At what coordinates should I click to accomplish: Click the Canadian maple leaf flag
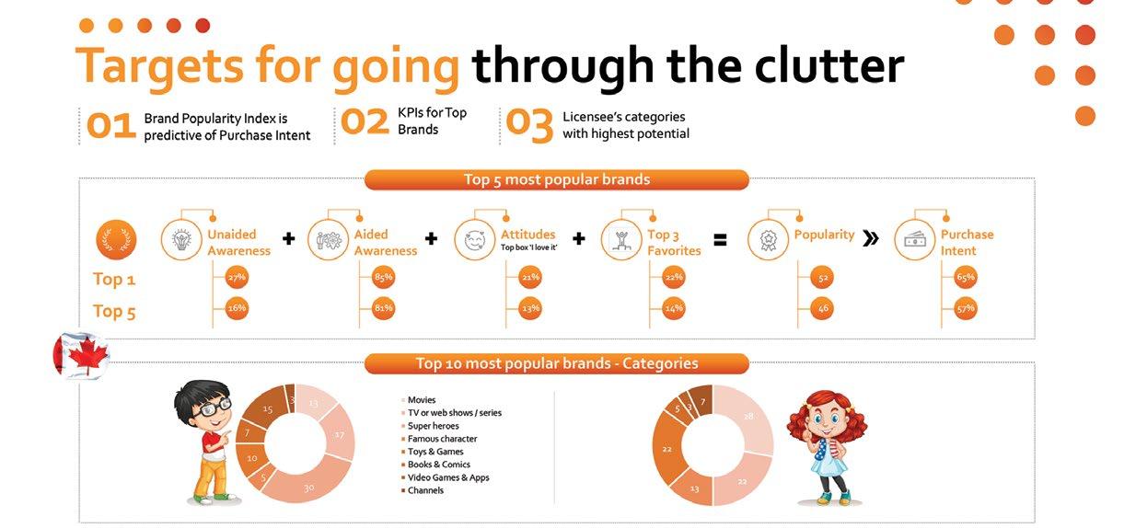(x=81, y=355)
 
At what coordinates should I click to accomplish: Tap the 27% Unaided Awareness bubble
(x=237, y=277)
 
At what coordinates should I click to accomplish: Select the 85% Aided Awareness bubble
(x=383, y=277)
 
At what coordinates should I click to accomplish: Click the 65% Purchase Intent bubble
(x=966, y=277)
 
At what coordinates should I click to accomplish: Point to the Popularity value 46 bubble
(x=823, y=308)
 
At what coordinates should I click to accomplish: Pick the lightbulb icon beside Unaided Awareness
(x=181, y=240)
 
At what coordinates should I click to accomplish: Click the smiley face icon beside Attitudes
(x=475, y=240)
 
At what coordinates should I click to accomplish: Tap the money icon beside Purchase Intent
(x=915, y=240)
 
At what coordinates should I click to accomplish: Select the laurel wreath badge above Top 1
(x=116, y=240)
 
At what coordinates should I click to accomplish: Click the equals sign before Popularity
(x=720, y=241)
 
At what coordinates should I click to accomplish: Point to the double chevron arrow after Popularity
(x=871, y=238)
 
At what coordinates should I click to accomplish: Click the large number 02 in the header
(x=365, y=122)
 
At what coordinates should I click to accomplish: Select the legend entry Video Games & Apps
(x=445, y=477)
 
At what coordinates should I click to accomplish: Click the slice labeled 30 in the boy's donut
(x=307, y=482)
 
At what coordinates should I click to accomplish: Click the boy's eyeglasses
(x=213, y=407)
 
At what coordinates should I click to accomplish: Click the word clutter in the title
(x=829, y=65)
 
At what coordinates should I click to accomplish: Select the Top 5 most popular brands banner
(x=557, y=179)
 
